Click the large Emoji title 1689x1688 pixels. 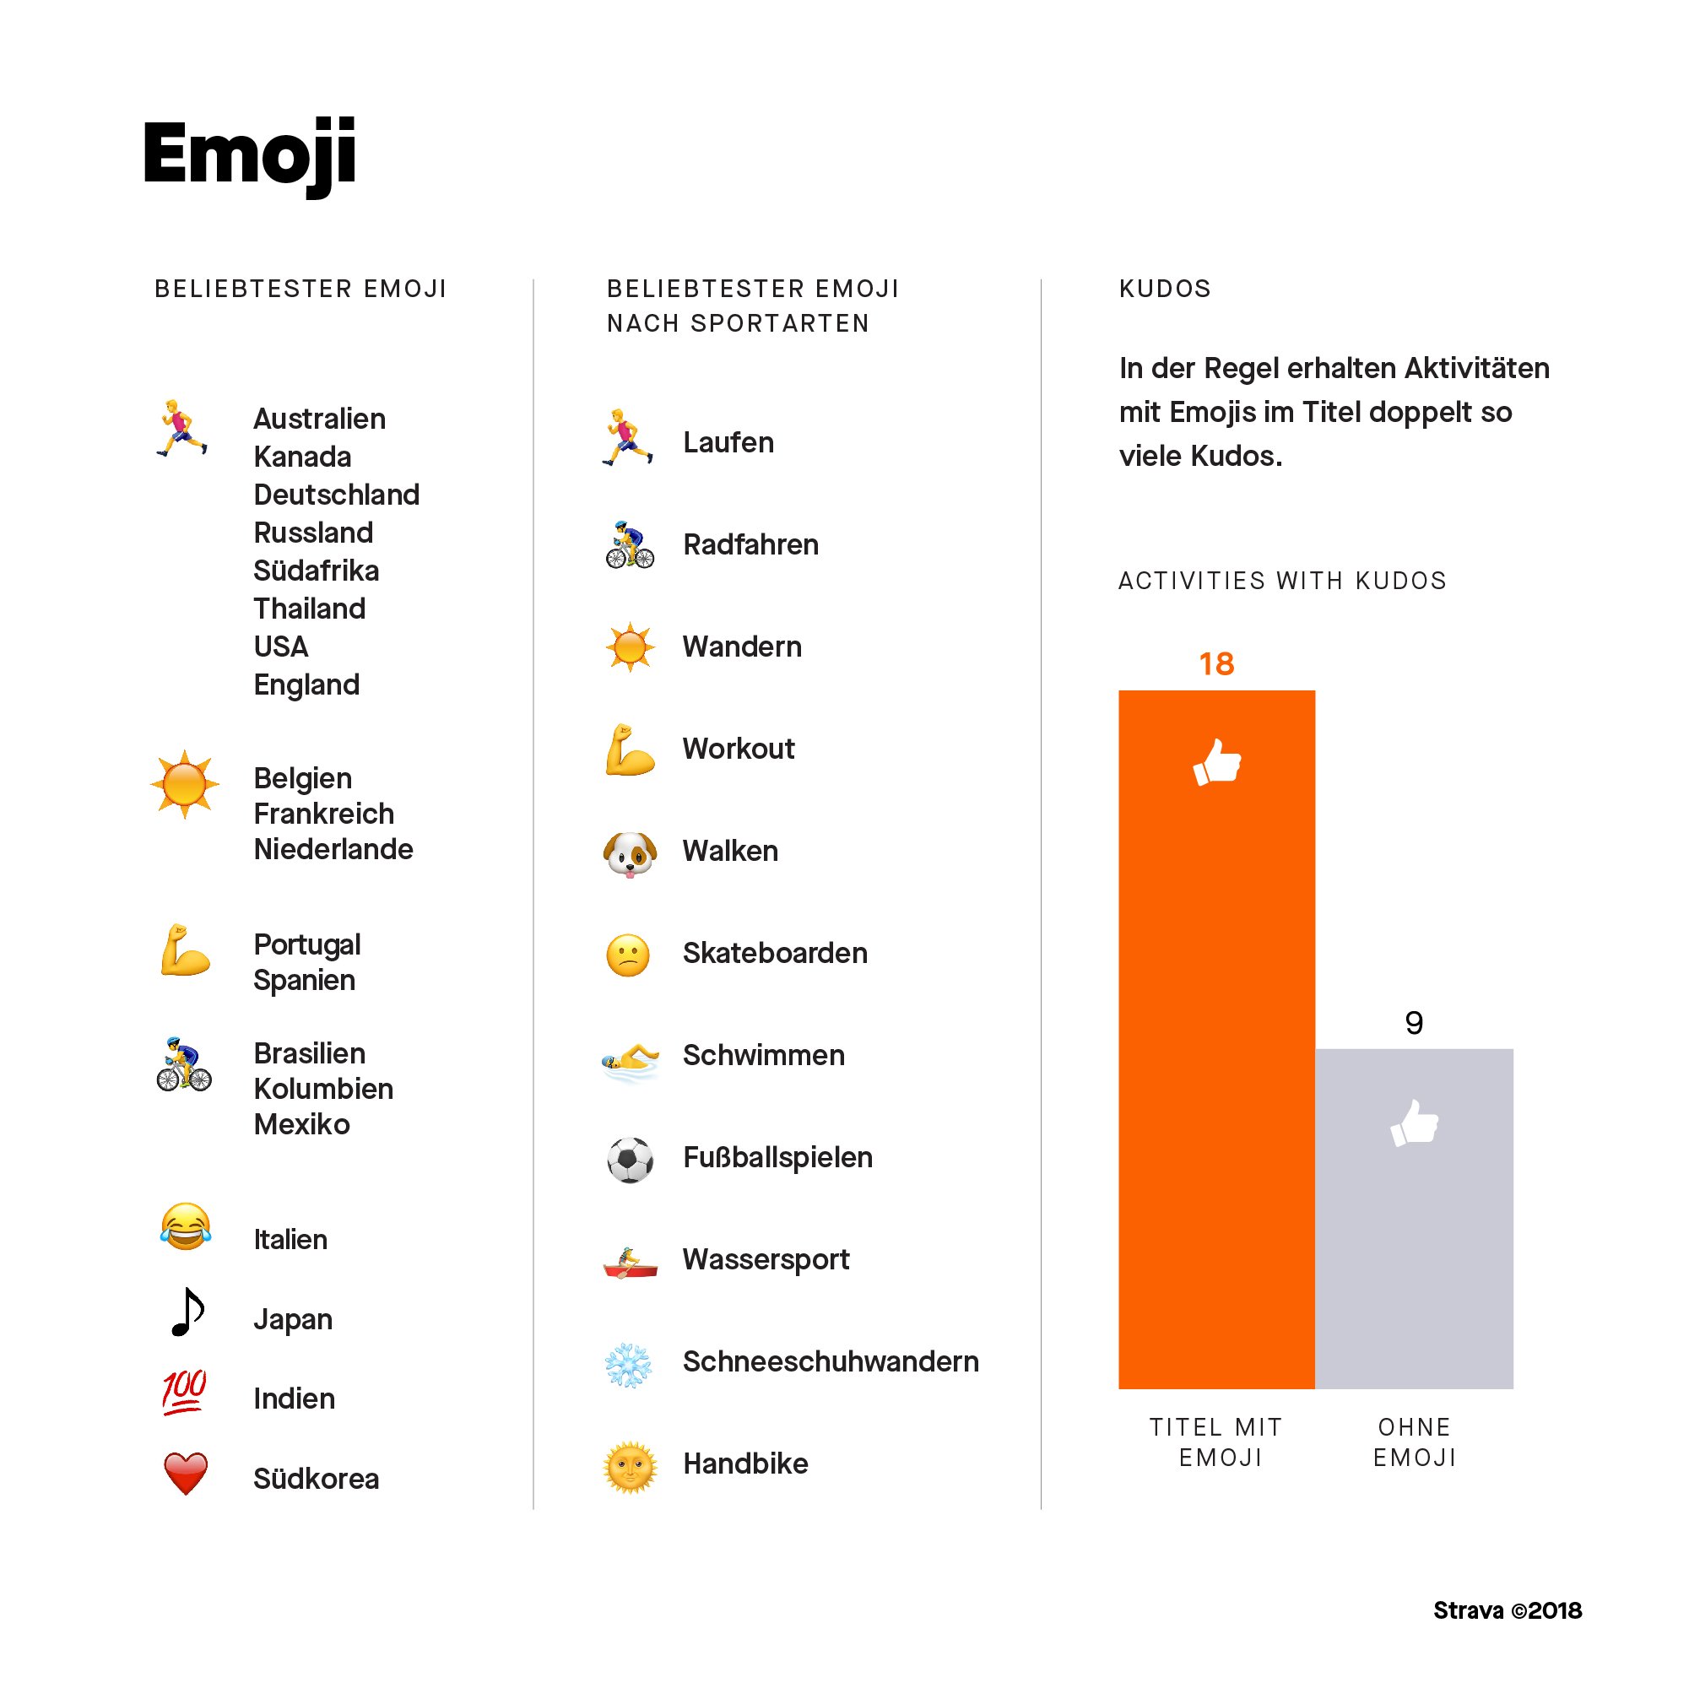(x=249, y=154)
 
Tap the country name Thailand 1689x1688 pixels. (x=310, y=609)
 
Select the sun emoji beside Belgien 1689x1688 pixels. (x=184, y=784)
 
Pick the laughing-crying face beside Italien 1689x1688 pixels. (x=186, y=1225)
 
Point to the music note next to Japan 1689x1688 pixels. (x=187, y=1312)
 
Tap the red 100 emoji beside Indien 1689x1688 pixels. (x=185, y=1392)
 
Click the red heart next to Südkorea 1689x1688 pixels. (x=186, y=1473)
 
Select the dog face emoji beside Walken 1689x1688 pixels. (x=630, y=853)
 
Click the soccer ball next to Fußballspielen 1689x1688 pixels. (x=630, y=1159)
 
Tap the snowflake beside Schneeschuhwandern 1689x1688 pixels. (x=629, y=1365)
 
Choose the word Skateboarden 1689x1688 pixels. (x=775, y=953)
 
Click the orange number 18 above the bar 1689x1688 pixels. (x=1216, y=664)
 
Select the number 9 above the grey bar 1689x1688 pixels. (x=1414, y=1023)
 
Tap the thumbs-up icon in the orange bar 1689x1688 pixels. (x=1217, y=762)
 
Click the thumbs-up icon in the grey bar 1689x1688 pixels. (x=1414, y=1123)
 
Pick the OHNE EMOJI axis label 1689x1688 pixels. (x=1414, y=1442)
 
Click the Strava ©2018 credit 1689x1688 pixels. (x=1508, y=1611)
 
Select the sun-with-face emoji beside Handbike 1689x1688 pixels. (x=630, y=1467)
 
